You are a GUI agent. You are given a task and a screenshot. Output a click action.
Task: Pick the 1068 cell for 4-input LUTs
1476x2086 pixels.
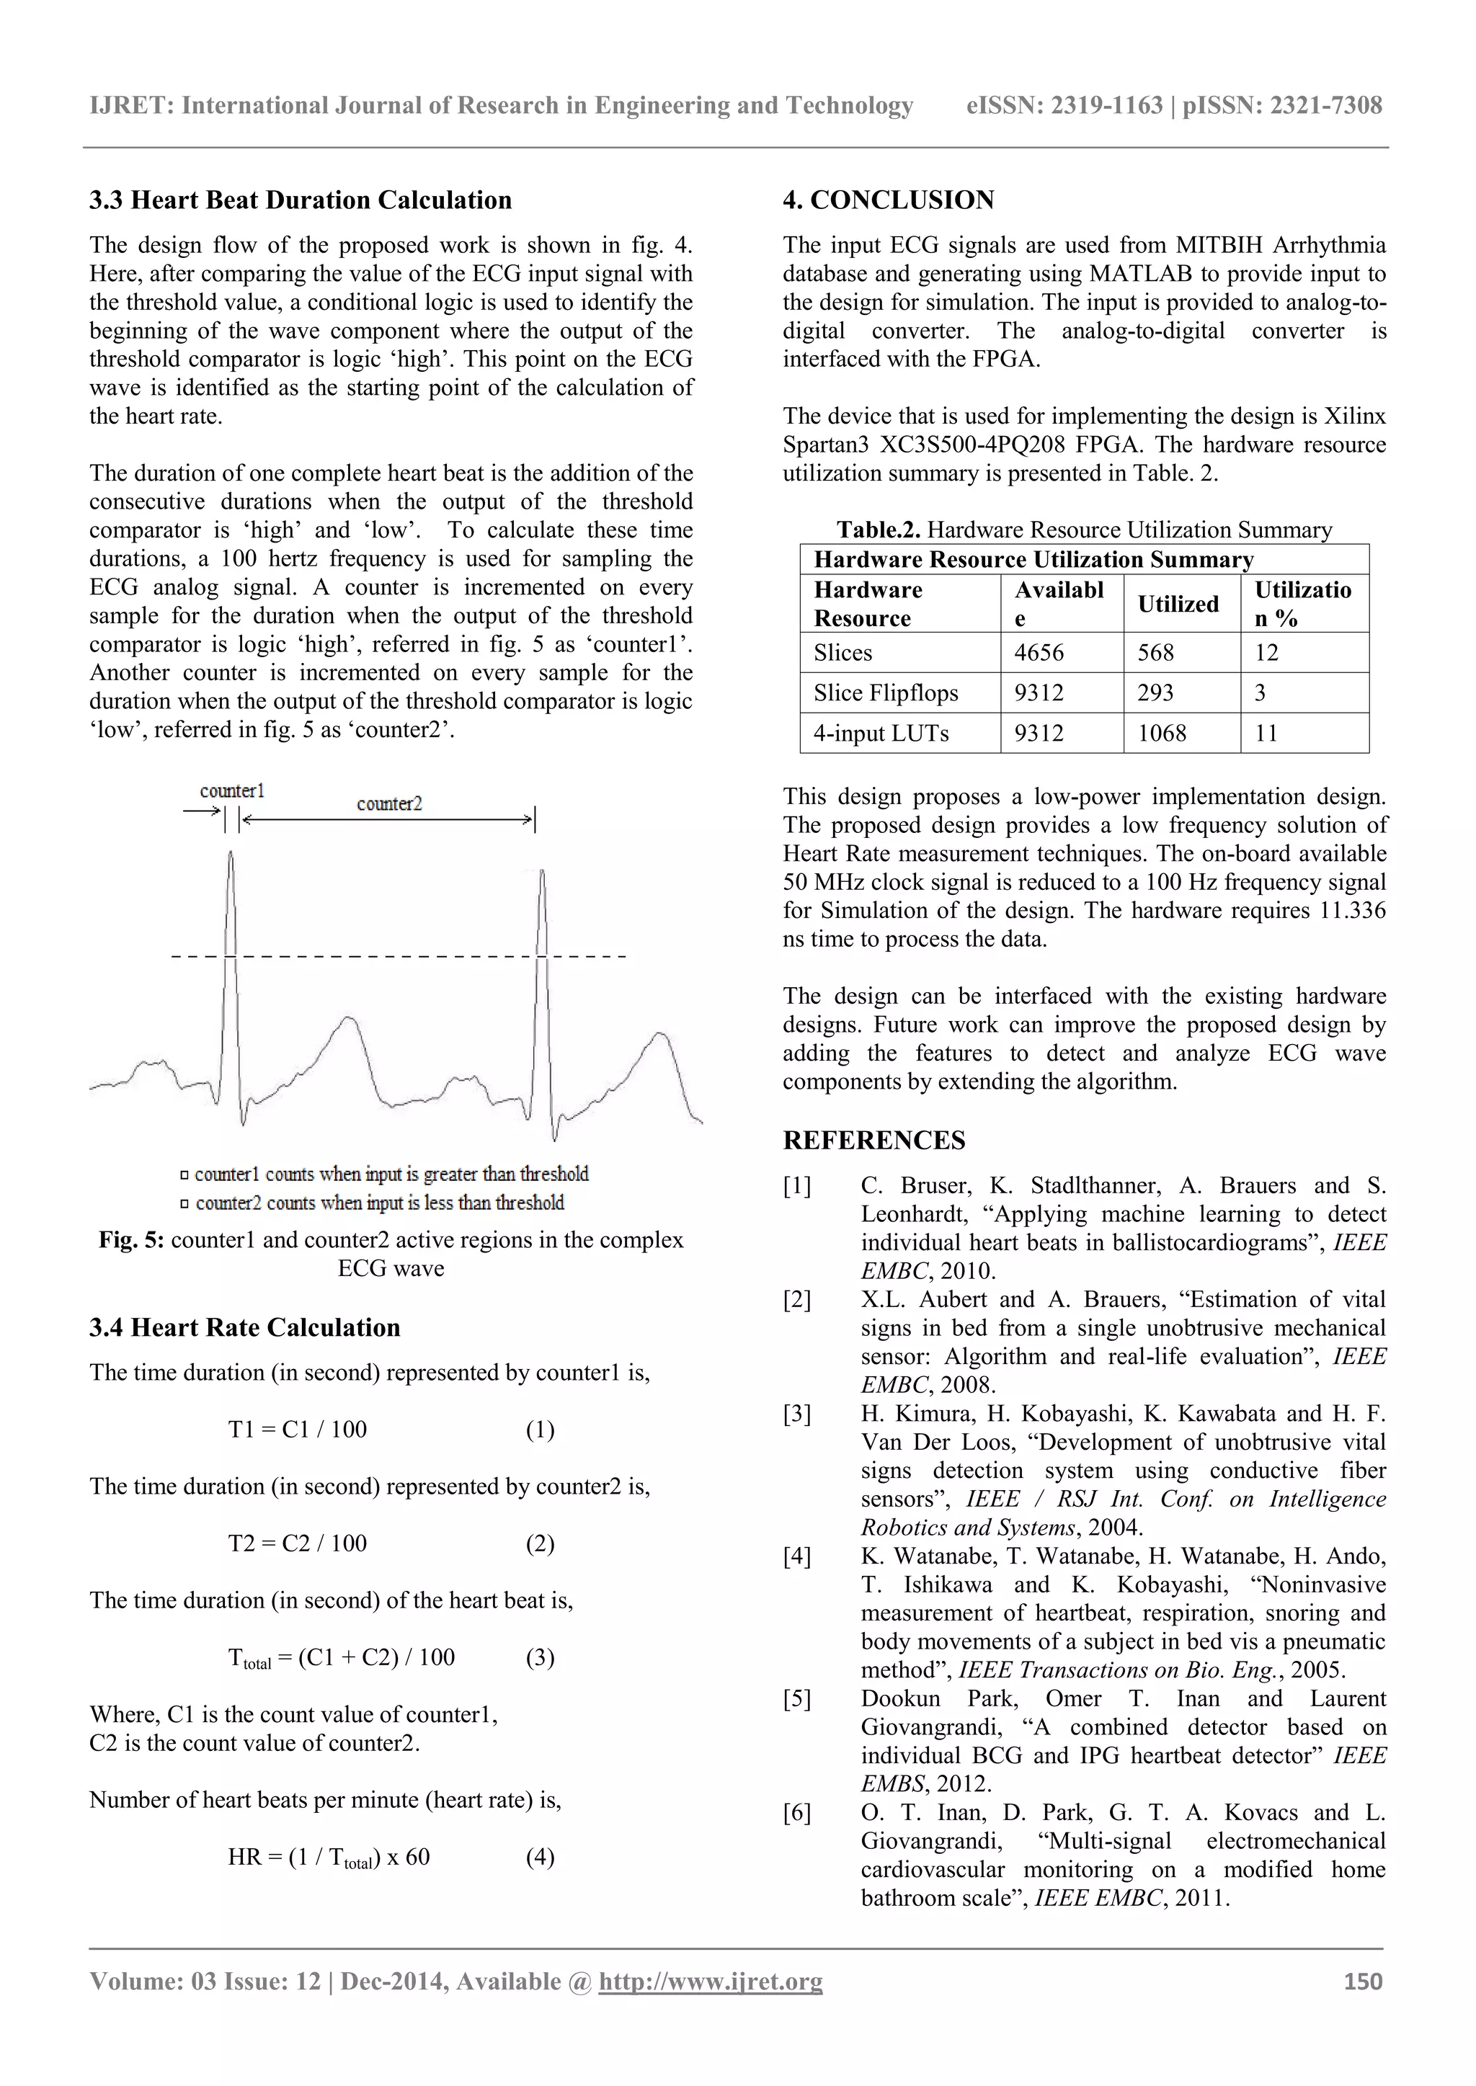pos(1162,734)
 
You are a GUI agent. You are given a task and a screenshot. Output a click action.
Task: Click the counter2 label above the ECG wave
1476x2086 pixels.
pos(389,803)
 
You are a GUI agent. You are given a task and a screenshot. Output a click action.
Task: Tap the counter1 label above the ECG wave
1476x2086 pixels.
pos(232,790)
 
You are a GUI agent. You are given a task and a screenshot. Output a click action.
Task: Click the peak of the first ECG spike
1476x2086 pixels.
pos(231,854)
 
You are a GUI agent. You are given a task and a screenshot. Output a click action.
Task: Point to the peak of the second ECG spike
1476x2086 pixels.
pos(543,872)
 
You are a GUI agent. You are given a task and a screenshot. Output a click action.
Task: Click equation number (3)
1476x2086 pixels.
pos(540,1657)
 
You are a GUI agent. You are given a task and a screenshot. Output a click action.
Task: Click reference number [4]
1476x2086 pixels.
pos(797,1556)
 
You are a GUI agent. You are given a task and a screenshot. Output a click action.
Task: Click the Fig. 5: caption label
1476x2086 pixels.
pos(131,1240)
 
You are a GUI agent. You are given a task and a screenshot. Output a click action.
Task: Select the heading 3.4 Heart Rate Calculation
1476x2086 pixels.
pos(244,1327)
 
